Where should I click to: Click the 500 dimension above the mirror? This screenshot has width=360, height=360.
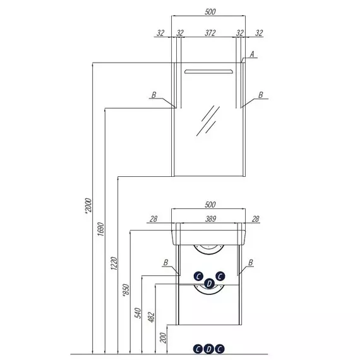point(210,11)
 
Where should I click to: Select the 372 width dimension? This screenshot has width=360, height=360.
point(210,33)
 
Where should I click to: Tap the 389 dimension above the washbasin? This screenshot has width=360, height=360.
point(210,219)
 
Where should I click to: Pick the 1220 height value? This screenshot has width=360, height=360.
point(114,263)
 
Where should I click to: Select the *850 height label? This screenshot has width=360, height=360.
point(126,290)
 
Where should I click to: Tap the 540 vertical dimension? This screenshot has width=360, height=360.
point(138,313)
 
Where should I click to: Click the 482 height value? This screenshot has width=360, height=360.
point(152,317)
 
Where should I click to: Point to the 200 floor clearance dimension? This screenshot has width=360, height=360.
point(163,338)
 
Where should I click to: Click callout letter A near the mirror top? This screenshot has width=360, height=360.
point(252,54)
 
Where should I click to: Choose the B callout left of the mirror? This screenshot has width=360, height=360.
point(154,95)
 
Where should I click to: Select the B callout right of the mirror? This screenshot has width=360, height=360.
point(261,95)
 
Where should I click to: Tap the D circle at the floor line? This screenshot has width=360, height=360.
point(208,349)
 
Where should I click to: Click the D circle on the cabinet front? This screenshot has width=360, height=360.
point(209,284)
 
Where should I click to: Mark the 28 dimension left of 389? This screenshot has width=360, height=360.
point(153,219)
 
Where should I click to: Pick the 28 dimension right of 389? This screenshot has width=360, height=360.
point(255,219)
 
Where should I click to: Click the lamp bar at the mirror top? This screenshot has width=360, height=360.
point(208,71)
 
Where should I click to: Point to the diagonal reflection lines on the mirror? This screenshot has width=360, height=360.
point(208,121)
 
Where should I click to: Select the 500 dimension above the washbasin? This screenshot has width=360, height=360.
point(210,205)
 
